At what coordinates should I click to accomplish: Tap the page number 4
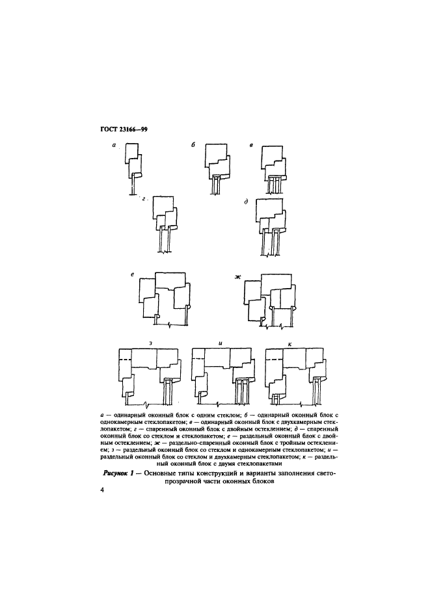tap(102, 490)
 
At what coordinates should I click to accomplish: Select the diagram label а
tap(114, 146)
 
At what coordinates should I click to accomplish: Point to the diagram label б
tap(193, 145)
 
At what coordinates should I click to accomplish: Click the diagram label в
tap(252, 146)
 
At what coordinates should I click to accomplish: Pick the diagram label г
tap(144, 199)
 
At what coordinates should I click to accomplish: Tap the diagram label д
tap(246, 202)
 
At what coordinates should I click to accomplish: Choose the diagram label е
tap(133, 274)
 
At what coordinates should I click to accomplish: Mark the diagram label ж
tap(238, 276)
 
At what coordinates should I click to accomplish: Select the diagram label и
tap(221, 343)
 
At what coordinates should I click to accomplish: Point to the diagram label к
tap(290, 343)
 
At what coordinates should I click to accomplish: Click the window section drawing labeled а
tap(133, 169)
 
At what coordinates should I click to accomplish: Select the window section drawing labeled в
tap(275, 170)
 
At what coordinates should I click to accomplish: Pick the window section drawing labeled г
tap(166, 225)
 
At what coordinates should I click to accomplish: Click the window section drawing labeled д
tap(271, 227)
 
